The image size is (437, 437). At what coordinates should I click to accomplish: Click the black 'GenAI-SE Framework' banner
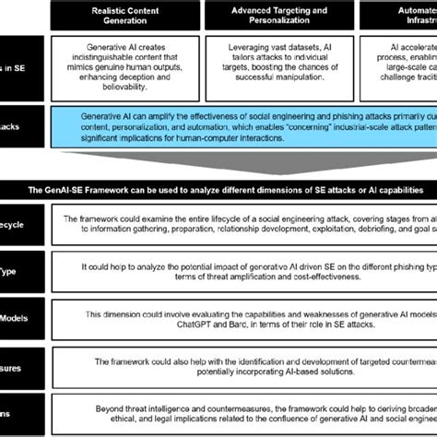pyautogui.click(x=218, y=188)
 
